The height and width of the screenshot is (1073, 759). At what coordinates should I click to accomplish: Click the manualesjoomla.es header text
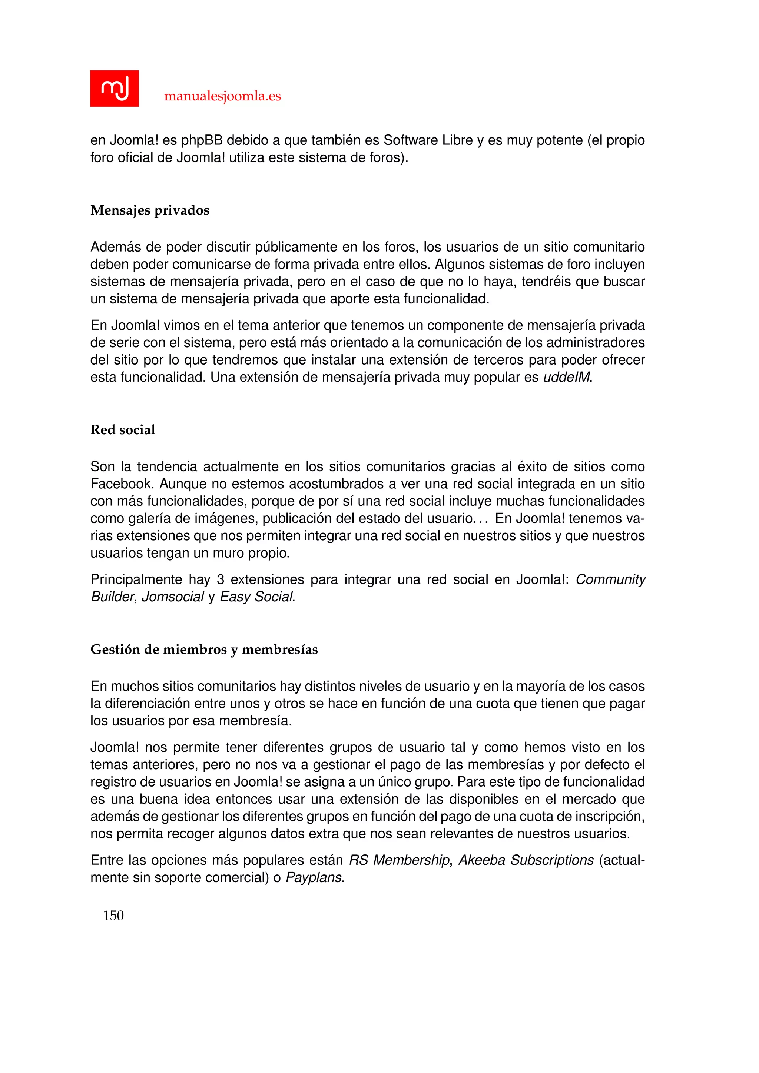pos(222,96)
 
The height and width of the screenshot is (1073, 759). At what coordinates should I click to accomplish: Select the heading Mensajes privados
pos(150,210)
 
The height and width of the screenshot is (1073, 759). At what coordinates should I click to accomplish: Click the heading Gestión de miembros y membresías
pos(204,650)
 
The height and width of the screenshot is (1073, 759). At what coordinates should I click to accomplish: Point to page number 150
pos(113,916)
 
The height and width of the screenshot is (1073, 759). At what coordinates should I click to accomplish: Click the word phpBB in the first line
pos(202,140)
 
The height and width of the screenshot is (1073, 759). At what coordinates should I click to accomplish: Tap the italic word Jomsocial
pos(172,597)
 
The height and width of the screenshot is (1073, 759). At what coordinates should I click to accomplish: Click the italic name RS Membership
pos(399,860)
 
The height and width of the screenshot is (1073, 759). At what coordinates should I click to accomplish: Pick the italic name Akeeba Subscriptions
pos(526,860)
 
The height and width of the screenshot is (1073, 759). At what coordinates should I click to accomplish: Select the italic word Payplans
pos(314,878)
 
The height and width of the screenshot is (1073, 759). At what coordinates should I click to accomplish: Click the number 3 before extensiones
pos(220,579)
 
